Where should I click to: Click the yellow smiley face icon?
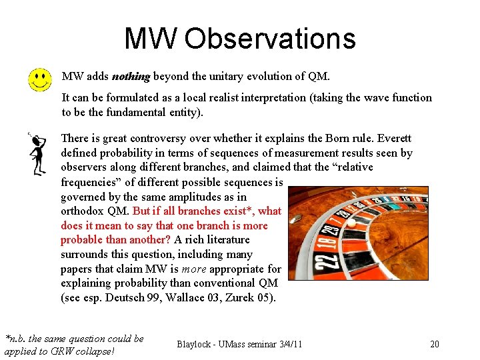[x=40, y=80]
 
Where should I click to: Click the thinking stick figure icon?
[x=37, y=153]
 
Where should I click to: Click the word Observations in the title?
[x=270, y=39]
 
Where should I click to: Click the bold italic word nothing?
[x=131, y=76]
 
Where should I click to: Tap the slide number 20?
[x=435, y=344]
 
